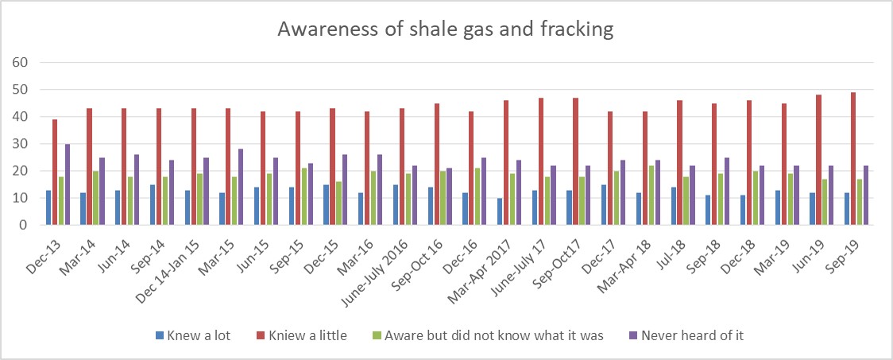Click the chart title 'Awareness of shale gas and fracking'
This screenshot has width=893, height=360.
[x=446, y=29]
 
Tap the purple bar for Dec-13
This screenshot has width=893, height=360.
[x=68, y=184]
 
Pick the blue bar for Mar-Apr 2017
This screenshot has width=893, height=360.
[x=500, y=211]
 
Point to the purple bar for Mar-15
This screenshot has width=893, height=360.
[x=241, y=188]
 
